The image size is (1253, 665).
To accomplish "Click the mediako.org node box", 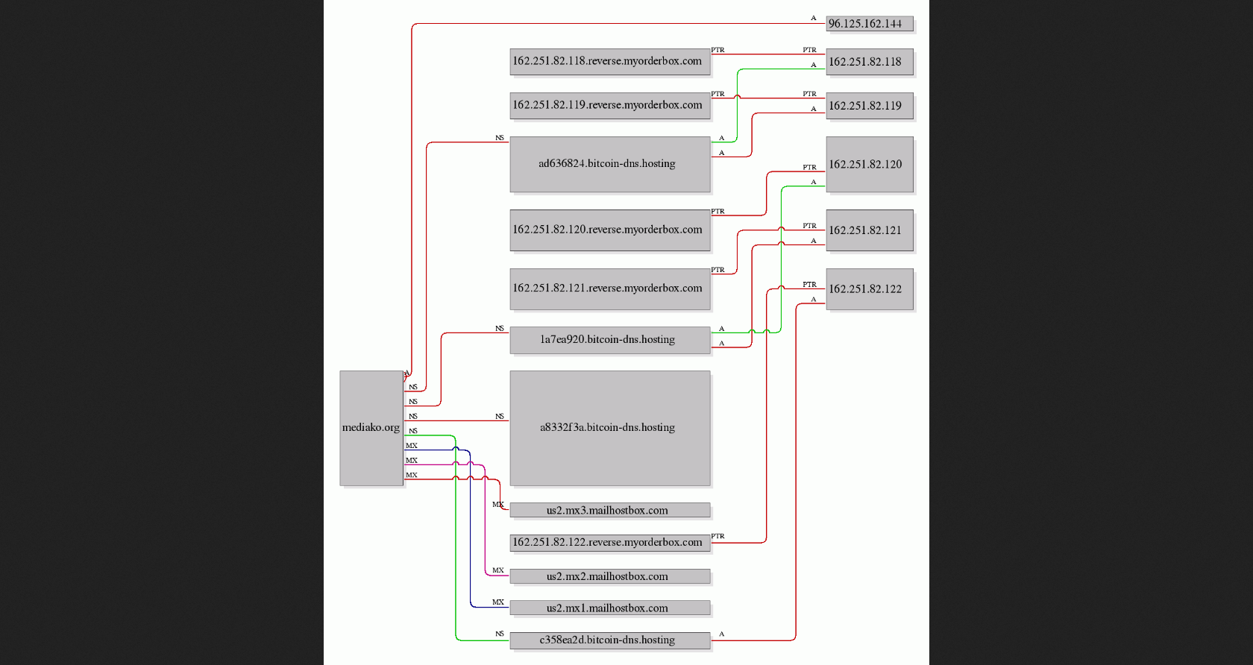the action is tap(371, 428).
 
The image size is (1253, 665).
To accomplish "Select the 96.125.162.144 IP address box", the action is tap(870, 24).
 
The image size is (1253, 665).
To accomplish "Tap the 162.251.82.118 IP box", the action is tap(870, 62).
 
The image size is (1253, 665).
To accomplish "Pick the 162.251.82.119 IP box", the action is tap(870, 106).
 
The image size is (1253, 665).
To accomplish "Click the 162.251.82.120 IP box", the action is tap(870, 165).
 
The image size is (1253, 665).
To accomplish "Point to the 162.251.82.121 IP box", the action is tap(870, 230).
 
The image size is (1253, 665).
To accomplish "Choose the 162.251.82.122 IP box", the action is tap(870, 289).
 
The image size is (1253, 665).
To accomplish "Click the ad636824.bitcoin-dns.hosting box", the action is tap(610, 165).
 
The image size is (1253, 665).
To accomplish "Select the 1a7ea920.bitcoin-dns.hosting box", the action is tap(610, 340).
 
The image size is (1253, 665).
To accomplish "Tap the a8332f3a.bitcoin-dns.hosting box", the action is tap(610, 428).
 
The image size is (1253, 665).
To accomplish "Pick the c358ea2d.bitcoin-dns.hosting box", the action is tap(610, 640).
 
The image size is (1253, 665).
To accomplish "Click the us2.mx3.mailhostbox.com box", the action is tap(610, 510).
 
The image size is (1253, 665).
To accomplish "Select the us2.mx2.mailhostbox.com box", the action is tap(610, 576).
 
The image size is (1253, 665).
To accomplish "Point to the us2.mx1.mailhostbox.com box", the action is tap(610, 608).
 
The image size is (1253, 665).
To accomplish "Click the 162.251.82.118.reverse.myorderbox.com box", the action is tap(610, 62).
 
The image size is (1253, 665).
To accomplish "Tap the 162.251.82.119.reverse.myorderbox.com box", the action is tap(610, 106).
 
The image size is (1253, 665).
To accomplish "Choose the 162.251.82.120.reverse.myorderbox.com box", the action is tap(610, 230).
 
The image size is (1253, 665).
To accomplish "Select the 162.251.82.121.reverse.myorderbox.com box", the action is tap(610, 289).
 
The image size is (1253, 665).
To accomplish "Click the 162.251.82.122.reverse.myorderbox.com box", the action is tap(610, 543).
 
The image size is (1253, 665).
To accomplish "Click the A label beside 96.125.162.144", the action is tap(813, 18).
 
